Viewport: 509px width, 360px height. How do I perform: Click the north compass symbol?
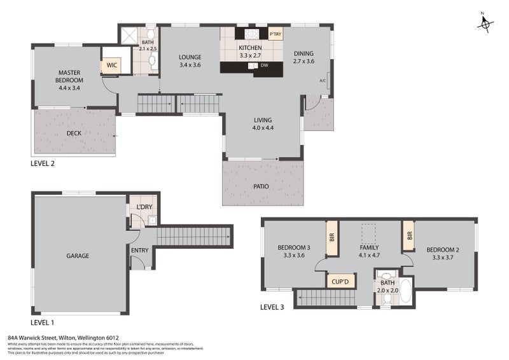point(486,23)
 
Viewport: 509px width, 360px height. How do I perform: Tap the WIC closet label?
point(111,65)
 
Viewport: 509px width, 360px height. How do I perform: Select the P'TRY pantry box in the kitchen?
point(275,34)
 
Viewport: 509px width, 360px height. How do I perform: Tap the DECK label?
point(74,134)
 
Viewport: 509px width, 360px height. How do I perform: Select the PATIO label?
point(261,186)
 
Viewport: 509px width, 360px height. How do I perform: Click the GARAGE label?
point(78,256)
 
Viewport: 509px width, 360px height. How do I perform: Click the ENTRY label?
point(140,250)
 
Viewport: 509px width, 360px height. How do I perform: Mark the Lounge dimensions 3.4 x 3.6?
point(190,65)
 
